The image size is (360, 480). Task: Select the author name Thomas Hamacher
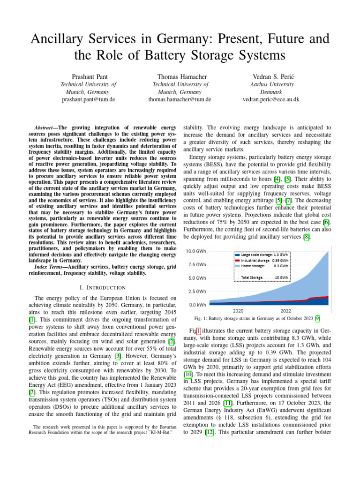point(180,76)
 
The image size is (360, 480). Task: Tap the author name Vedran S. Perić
point(271,76)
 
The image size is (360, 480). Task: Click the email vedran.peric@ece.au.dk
point(271,99)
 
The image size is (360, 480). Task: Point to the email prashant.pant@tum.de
point(89,99)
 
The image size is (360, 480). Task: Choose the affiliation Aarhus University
point(271,84)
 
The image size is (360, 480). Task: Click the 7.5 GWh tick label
point(196,264)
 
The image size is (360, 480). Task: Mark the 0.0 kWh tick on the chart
point(196,305)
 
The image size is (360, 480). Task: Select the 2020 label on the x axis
point(238,311)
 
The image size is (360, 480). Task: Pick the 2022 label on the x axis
point(285,311)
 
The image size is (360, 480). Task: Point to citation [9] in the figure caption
point(317,319)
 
